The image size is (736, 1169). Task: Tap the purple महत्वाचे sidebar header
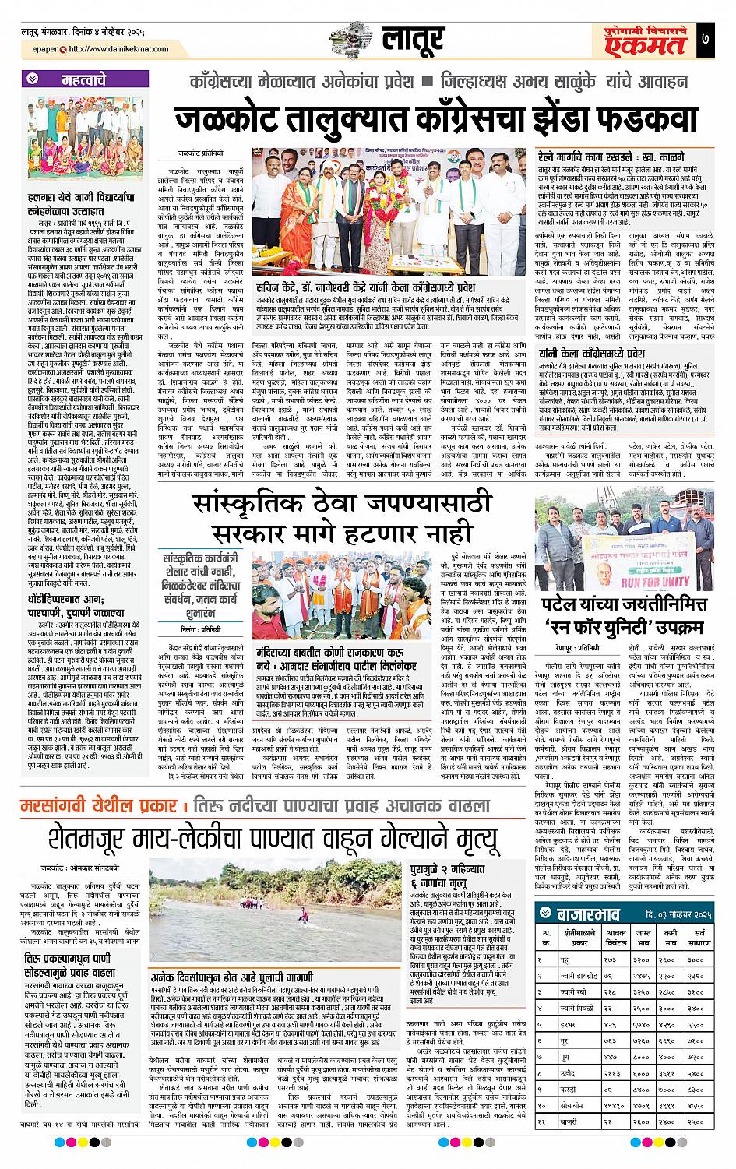[86, 79]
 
